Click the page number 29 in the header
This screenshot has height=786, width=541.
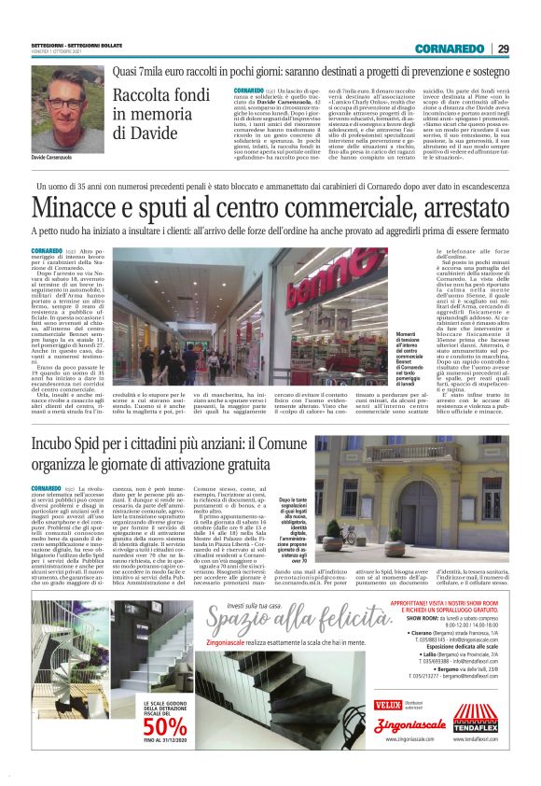(x=504, y=48)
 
